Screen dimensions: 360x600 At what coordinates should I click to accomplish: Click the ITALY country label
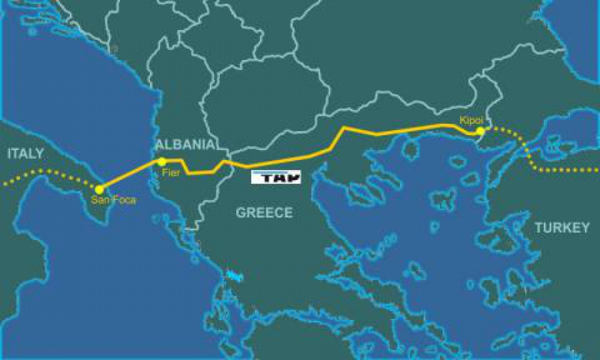coord(25,154)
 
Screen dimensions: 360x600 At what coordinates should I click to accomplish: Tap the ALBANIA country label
coord(185,145)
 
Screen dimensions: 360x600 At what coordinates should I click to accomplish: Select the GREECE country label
coord(264,213)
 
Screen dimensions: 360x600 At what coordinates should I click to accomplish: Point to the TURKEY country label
coord(561,227)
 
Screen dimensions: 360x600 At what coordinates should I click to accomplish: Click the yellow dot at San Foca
coord(99,189)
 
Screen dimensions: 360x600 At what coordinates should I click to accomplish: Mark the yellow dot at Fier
coord(161,161)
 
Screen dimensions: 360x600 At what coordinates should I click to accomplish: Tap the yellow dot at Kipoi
coord(480,131)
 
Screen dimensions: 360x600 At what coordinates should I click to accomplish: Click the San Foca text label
coord(108,199)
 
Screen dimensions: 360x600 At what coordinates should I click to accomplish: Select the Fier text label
coord(171,172)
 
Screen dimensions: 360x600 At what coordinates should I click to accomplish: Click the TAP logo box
coord(276,177)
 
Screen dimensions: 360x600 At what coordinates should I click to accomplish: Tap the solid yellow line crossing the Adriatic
coord(130,175)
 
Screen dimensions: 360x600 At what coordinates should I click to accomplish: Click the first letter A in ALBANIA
coord(159,145)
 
